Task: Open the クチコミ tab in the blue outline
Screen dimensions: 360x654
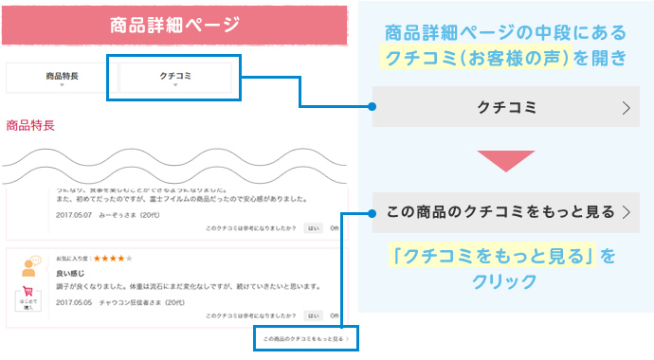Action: click(x=175, y=76)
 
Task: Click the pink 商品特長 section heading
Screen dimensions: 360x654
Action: click(x=30, y=124)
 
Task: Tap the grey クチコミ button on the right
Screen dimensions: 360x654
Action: click(x=506, y=107)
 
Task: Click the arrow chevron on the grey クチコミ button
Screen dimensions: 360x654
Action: click(x=626, y=108)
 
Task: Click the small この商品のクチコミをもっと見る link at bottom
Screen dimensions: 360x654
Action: click(x=305, y=337)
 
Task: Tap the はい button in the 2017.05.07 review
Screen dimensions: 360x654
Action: click(x=314, y=228)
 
